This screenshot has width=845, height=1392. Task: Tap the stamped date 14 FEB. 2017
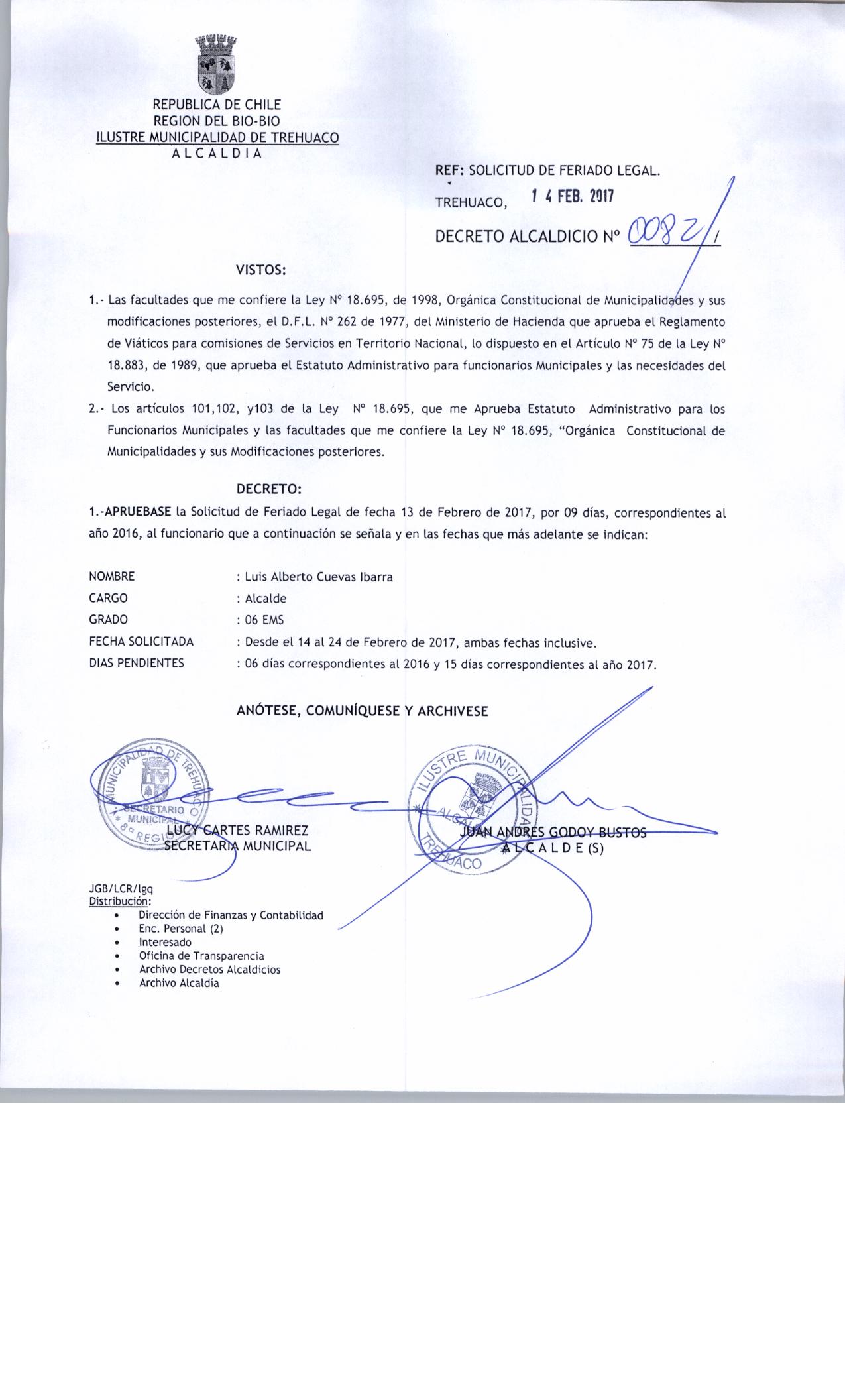[x=573, y=197]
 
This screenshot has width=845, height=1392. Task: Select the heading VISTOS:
[x=261, y=270]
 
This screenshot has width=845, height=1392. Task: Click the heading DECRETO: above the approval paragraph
[x=269, y=489]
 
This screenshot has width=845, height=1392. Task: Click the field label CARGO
[x=108, y=598]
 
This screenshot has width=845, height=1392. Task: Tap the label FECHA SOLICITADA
[x=141, y=642]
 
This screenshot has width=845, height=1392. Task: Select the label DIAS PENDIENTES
[x=137, y=663]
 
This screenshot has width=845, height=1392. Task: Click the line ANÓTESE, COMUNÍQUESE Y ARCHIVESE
[x=363, y=711]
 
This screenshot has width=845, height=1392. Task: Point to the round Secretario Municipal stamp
[x=153, y=793]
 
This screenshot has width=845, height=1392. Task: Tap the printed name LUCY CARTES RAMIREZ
[x=237, y=830]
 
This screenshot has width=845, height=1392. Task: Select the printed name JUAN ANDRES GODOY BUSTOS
[x=553, y=833]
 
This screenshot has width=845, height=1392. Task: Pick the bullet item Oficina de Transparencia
[x=201, y=956]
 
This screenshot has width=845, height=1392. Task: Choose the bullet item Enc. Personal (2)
[x=181, y=929]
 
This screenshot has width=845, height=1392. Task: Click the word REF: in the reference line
[x=450, y=171]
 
